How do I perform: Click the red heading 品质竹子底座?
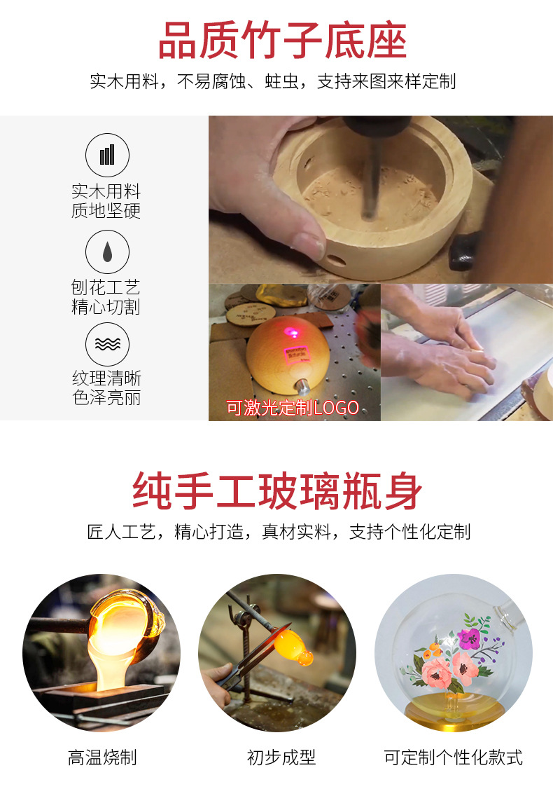click(x=282, y=41)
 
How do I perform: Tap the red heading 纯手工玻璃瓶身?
click(x=278, y=490)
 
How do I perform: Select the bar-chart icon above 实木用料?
click(x=107, y=154)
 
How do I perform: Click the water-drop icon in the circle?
click(x=107, y=251)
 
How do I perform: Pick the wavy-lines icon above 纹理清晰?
click(x=107, y=344)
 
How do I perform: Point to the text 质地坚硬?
click(x=106, y=211)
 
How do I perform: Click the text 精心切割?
click(x=106, y=307)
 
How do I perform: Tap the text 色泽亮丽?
click(x=106, y=398)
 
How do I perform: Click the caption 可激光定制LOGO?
click(x=293, y=408)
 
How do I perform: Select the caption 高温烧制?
click(x=102, y=757)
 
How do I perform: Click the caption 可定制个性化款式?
click(x=453, y=757)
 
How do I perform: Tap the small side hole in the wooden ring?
click(x=337, y=260)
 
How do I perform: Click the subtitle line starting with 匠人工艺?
click(x=279, y=531)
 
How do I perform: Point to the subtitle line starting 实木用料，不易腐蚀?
click(x=273, y=81)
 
